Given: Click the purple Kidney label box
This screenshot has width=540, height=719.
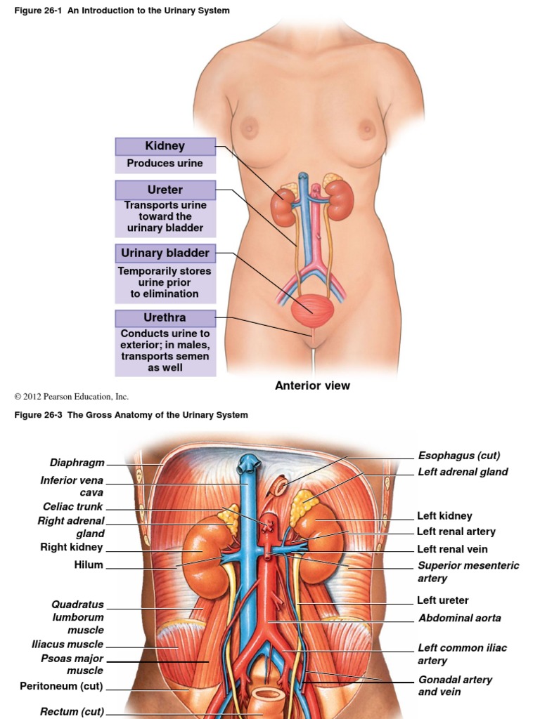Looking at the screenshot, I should click(x=165, y=146).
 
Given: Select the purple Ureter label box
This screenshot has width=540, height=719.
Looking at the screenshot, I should click(x=165, y=190).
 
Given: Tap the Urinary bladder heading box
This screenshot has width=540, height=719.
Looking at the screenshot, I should click(x=165, y=253).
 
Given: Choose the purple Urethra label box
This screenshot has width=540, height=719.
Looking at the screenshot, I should click(x=165, y=318).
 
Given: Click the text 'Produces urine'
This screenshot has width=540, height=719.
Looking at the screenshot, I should click(x=165, y=164).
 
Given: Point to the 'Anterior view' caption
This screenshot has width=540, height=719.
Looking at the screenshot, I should click(x=312, y=385).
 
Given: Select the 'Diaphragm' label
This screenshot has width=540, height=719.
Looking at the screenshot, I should click(x=77, y=463).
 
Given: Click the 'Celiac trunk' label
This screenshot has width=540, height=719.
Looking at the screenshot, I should click(x=72, y=506).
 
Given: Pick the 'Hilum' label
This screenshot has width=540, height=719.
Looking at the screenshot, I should click(x=89, y=565).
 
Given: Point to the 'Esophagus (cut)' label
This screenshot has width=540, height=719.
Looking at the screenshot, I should click(x=459, y=456).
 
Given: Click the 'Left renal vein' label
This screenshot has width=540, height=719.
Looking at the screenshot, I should click(x=452, y=549).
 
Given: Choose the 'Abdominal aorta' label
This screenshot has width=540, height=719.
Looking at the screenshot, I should click(x=460, y=619).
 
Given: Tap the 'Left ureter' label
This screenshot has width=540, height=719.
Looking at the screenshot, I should click(x=443, y=600).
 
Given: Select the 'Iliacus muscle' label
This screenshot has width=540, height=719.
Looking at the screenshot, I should click(x=67, y=644).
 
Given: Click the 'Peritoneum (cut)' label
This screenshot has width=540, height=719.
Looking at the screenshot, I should click(x=62, y=685).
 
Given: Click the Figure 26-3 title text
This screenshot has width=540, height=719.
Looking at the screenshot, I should click(x=131, y=415).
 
